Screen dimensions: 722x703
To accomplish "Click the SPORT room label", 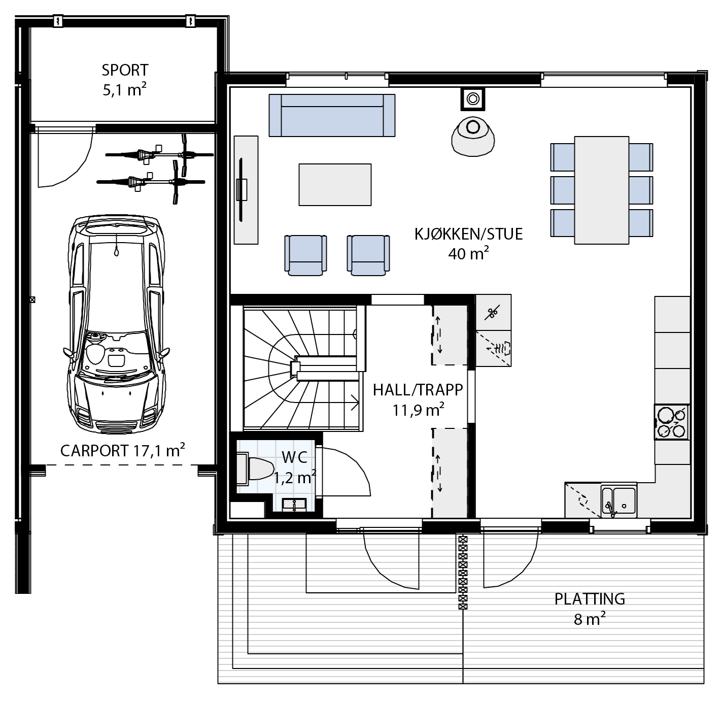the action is coord(125,70).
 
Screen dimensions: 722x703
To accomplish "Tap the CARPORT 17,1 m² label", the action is coord(122,450).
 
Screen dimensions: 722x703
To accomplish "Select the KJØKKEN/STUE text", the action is coord(469,234).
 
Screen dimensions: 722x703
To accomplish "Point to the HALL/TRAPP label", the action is coord(418,390).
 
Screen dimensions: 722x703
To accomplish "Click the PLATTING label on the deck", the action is coord(590,599).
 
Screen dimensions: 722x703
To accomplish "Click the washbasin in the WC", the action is coord(294,505).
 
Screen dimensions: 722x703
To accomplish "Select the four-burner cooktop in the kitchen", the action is coord(672,422).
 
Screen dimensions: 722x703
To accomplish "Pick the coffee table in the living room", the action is coord(335,184).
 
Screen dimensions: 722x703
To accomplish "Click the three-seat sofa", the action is coord(332,115).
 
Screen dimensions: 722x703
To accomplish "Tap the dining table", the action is coord(601,190).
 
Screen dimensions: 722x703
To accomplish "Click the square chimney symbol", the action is coord(473,99).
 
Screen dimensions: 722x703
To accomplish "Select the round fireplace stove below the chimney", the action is coord(473,136).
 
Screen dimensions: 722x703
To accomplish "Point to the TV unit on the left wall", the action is coord(246,190).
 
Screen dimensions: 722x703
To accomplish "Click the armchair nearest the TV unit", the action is coord(306,255).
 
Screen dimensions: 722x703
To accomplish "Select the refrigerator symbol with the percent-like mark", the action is coord(493,312).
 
